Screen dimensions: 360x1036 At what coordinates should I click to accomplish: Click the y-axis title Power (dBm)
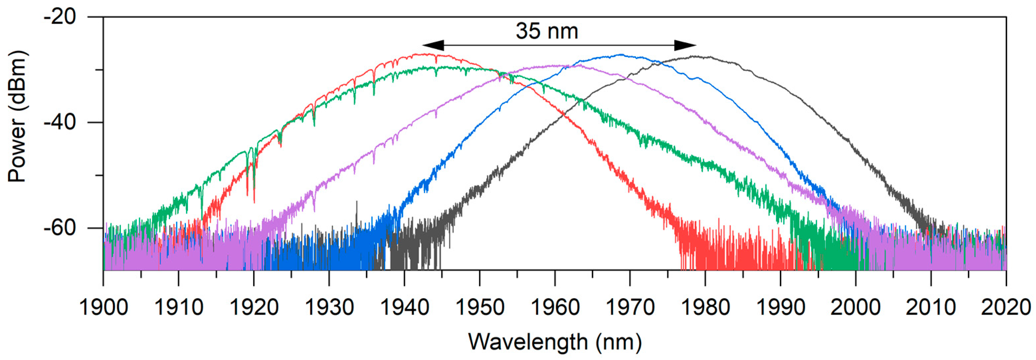point(17,117)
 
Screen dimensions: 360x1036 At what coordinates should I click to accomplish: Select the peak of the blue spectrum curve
point(621,55)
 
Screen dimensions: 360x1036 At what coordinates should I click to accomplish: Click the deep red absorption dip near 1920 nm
point(254,201)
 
